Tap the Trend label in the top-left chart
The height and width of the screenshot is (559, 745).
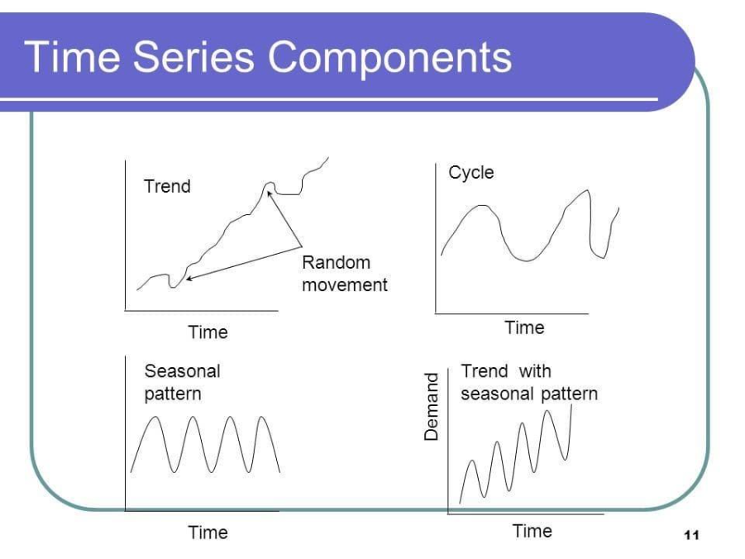[x=167, y=186]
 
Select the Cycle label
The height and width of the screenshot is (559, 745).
[x=471, y=173]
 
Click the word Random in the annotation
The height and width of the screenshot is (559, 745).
[x=336, y=263]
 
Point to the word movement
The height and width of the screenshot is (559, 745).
[x=344, y=285]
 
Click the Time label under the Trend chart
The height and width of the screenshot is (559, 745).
[x=208, y=332]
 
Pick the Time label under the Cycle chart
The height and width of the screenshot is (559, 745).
[x=525, y=327]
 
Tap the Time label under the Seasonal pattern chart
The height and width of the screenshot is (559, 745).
[x=208, y=532]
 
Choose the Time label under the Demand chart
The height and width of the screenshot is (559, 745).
[x=532, y=531]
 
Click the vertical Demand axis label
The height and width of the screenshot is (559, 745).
[x=431, y=406]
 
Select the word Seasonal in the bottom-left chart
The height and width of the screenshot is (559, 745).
[x=182, y=371]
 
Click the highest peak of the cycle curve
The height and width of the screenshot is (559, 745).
[x=588, y=190]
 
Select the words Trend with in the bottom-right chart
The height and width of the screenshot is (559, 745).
[x=505, y=371]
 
